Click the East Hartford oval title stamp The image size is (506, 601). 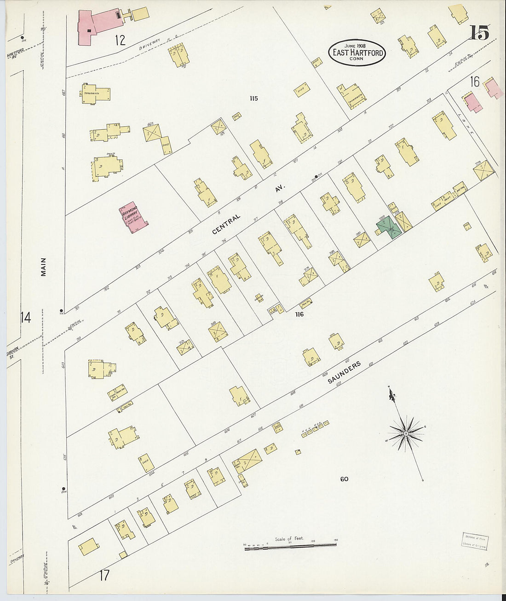point(356,53)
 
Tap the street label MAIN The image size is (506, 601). point(44,267)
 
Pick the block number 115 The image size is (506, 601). point(253,98)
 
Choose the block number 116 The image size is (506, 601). point(299,315)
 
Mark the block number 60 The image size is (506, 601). point(344,479)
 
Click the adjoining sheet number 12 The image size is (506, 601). point(120,41)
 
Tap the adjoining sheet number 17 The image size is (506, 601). point(104,575)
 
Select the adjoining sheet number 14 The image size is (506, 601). point(25,317)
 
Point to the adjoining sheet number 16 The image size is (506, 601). point(474,82)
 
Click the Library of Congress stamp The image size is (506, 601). point(475,541)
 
